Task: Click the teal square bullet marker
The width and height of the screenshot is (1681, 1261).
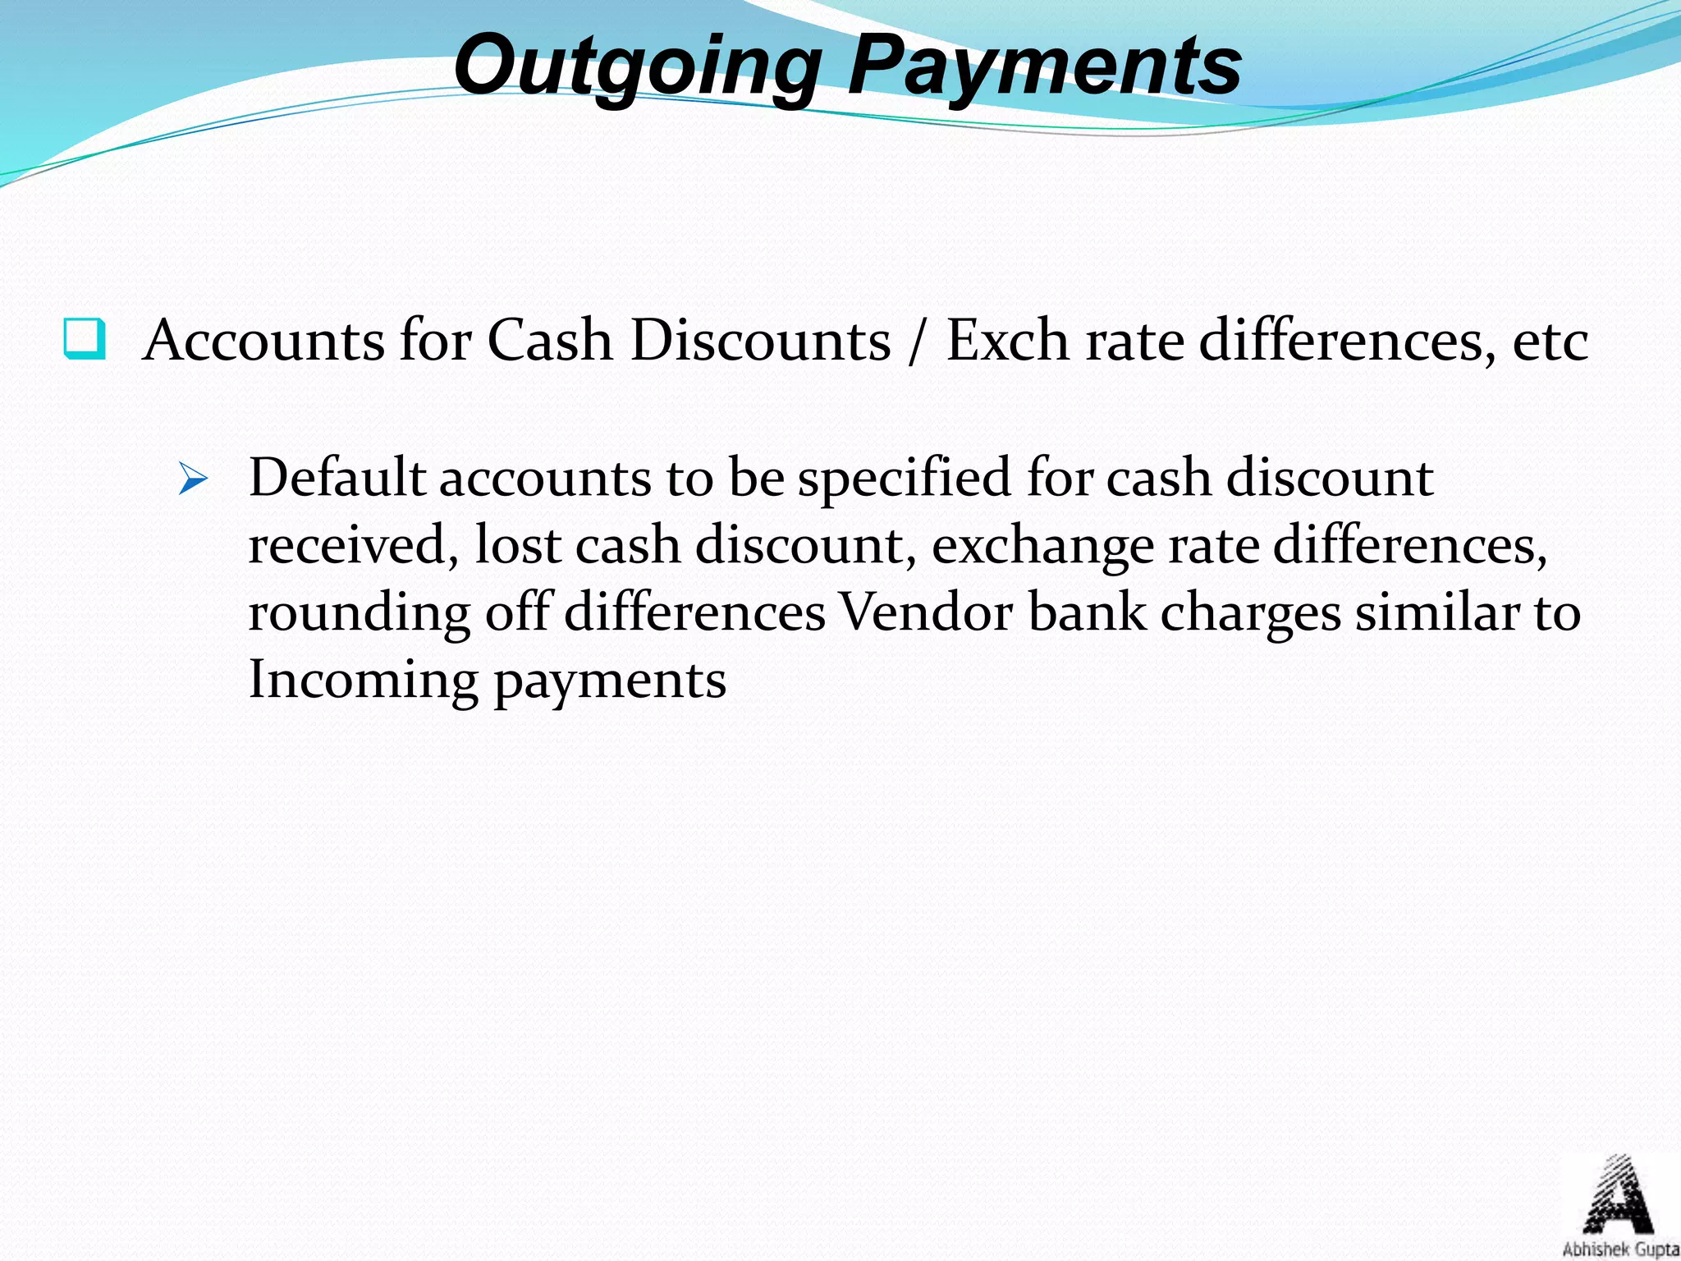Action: click(x=85, y=339)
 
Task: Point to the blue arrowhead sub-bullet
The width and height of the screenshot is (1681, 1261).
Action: click(x=193, y=479)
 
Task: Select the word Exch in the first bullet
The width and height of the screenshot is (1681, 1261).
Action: click(x=1007, y=340)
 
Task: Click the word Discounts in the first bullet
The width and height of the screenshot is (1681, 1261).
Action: click(x=760, y=340)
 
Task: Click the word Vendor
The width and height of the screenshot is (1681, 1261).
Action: click(x=925, y=613)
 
